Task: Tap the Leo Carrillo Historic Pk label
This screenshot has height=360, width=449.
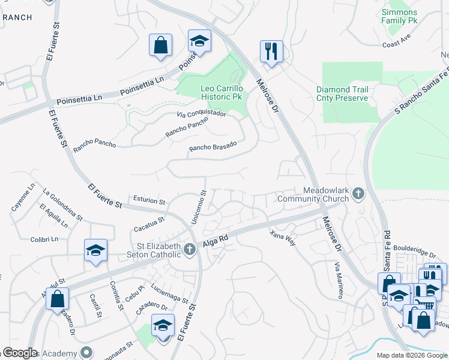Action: [220, 92]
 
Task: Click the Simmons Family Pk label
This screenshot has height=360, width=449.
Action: [399, 16]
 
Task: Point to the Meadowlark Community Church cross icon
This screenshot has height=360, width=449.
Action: [358, 193]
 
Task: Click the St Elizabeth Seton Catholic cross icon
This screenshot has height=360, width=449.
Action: [190, 248]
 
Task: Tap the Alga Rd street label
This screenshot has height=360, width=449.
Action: [214, 239]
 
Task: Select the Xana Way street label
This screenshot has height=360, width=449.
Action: [282, 236]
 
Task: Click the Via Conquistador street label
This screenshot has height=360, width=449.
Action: [201, 113]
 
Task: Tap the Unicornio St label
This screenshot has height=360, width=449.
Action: [199, 208]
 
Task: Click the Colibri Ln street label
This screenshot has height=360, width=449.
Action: [44, 239]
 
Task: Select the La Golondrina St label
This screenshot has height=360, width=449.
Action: [63, 204]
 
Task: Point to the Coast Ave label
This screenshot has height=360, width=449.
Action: [396, 44]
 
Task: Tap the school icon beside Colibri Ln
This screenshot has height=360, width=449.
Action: [95, 250]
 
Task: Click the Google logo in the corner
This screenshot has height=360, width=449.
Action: [20, 353]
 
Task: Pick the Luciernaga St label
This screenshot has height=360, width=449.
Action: [170, 293]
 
